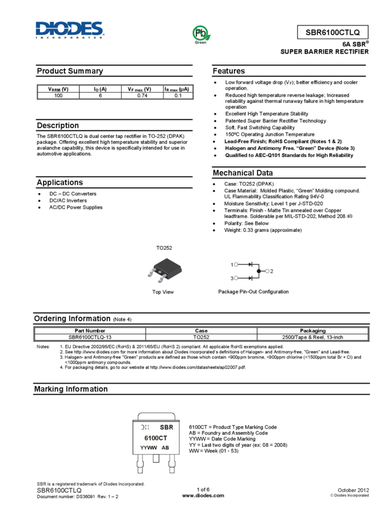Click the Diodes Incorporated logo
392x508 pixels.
[70, 29]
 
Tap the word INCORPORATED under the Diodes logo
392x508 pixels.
[70, 37]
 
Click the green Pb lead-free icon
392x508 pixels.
[201, 33]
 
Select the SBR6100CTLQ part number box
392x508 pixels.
[332, 33]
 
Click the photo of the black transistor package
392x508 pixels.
[165, 270]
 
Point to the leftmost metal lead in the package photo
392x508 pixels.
[151, 273]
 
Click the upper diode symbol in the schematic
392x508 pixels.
[251, 264]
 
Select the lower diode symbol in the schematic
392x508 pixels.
[251, 278]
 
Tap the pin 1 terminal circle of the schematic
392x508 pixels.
[236, 264]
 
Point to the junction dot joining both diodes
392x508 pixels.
[258, 271]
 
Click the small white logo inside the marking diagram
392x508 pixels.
[144, 427]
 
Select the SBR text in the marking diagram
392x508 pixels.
[166, 427]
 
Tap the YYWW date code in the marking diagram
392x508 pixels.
[148, 447]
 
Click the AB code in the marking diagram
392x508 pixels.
[165, 447]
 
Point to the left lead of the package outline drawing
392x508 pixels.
[140, 465]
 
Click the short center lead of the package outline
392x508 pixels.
[156, 459]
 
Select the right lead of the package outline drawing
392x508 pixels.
[172, 465]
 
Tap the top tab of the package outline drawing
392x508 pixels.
[156, 415]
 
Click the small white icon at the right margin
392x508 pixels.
[350, 216]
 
